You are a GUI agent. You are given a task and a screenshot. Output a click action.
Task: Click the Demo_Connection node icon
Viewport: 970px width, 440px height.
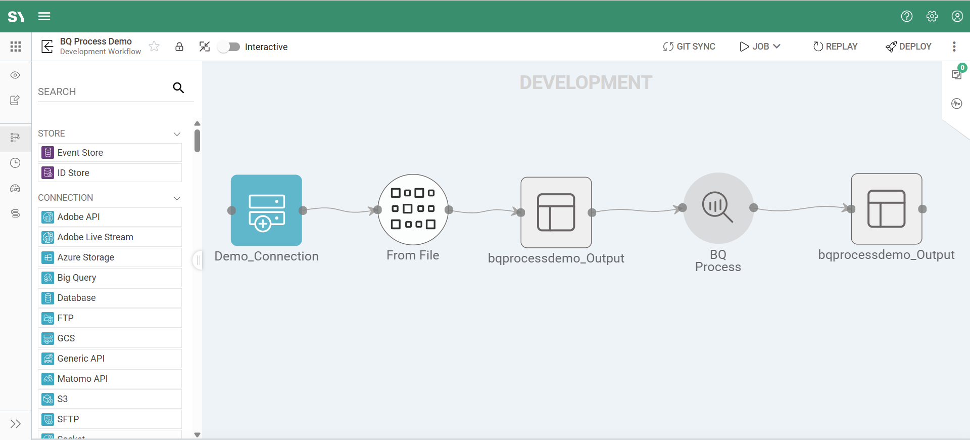(266, 210)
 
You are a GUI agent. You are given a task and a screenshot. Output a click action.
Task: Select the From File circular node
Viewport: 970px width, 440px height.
(413, 209)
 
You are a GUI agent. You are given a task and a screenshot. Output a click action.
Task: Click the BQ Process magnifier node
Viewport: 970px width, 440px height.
(718, 208)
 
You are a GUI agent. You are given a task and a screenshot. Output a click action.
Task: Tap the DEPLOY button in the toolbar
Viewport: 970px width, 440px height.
(908, 47)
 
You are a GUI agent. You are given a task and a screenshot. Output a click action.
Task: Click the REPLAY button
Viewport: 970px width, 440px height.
(835, 47)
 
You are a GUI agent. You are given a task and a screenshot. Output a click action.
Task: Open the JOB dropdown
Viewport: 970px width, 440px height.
(760, 47)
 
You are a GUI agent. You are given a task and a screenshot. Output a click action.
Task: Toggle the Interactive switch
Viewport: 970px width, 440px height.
(229, 47)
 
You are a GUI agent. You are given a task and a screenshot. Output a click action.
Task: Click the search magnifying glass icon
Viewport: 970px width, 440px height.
(178, 88)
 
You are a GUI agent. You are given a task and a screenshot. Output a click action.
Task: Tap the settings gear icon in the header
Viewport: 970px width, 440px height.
(932, 16)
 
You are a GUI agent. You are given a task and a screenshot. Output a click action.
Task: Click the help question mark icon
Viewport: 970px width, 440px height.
(906, 16)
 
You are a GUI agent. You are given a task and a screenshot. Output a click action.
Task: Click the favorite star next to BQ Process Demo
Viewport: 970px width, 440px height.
(155, 47)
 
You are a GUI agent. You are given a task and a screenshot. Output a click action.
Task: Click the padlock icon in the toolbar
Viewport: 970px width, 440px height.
(179, 47)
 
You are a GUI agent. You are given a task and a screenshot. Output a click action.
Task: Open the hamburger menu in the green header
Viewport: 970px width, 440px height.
(44, 16)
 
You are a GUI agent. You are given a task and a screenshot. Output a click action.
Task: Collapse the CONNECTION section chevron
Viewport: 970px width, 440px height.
(177, 198)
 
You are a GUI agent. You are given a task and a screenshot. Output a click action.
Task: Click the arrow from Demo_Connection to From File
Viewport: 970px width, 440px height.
(339, 209)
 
